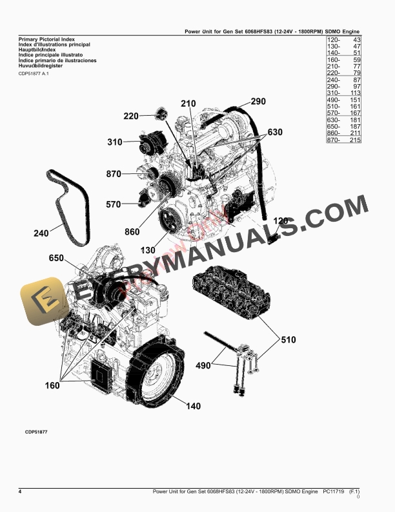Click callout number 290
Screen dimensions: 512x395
(258, 101)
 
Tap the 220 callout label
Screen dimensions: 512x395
(130, 116)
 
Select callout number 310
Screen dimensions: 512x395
(115, 142)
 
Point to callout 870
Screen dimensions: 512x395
(114, 174)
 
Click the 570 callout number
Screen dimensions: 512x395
(113, 205)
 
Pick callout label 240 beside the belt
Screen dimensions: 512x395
(41, 234)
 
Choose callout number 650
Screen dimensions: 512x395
(56, 258)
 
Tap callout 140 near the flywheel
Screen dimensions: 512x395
(194, 406)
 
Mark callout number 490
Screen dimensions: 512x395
(203, 366)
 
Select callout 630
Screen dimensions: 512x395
(275, 133)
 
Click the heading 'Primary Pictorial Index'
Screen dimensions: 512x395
(43, 39)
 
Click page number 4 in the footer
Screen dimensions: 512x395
(20, 493)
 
